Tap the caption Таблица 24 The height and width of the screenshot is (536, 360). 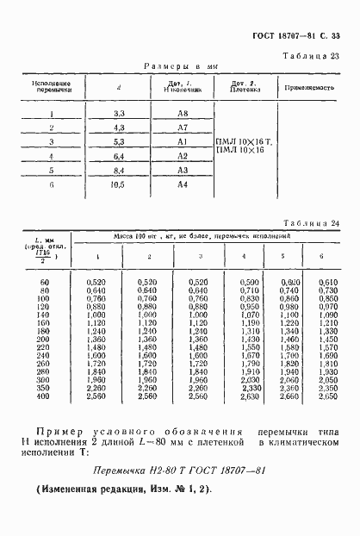pyautogui.click(x=313, y=223)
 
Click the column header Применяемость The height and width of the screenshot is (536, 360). pyautogui.click(x=311, y=87)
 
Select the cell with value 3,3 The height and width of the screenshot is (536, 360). pyautogui.click(x=120, y=114)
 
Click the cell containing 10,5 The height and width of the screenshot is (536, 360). pyautogui.click(x=120, y=184)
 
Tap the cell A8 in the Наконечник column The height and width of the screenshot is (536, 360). pyautogui.click(x=183, y=114)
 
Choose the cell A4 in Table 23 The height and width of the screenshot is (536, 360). pyautogui.click(x=183, y=184)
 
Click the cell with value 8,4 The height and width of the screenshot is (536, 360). pyautogui.click(x=120, y=170)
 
